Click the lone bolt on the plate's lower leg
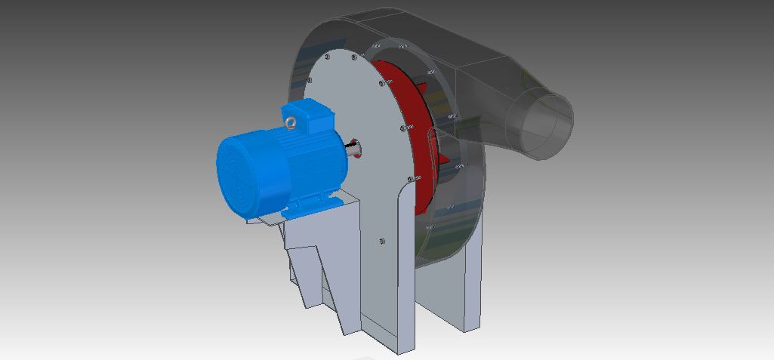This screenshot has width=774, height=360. pos(381,242)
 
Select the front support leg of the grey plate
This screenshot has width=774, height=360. pos(389,302)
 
